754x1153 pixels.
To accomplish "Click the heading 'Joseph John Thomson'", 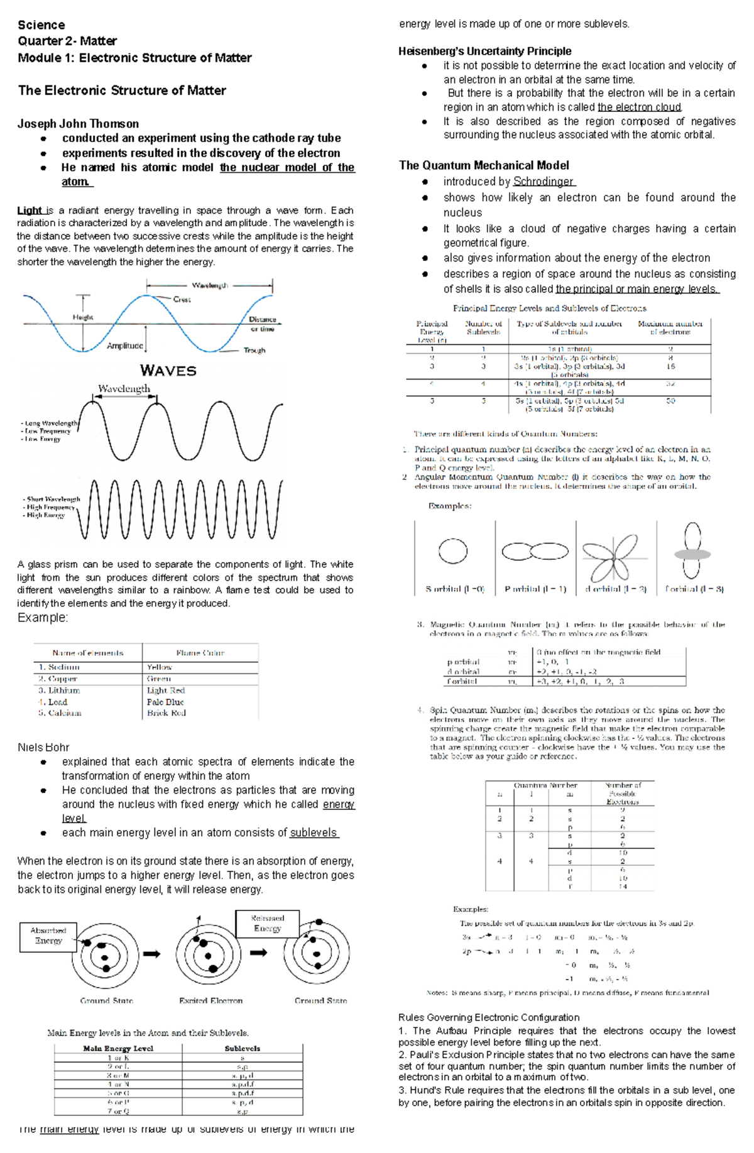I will click(78, 124).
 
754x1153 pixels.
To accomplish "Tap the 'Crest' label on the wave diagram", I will click(182, 300).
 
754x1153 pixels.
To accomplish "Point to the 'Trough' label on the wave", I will click(254, 351).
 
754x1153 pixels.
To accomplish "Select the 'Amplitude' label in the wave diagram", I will click(124, 346).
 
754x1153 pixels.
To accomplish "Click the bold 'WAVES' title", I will click(168, 371).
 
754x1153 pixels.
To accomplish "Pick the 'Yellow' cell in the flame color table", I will click(159, 667).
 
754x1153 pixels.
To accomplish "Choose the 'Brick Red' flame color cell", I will click(167, 713).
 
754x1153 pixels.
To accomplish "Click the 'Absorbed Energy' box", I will click(48, 936).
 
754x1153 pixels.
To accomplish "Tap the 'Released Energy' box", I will click(267, 923).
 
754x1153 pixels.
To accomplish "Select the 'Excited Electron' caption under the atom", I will click(210, 1000).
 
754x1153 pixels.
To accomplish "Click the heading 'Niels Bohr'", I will click(43, 747).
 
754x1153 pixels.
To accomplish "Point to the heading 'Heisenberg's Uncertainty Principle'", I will click(485, 52).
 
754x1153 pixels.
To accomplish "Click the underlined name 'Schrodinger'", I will click(544, 182).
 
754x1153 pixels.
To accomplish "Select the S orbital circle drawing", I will click(453, 552).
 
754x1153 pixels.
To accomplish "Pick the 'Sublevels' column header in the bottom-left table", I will click(243, 1049).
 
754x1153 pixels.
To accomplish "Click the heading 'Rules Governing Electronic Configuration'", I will click(489, 1017).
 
